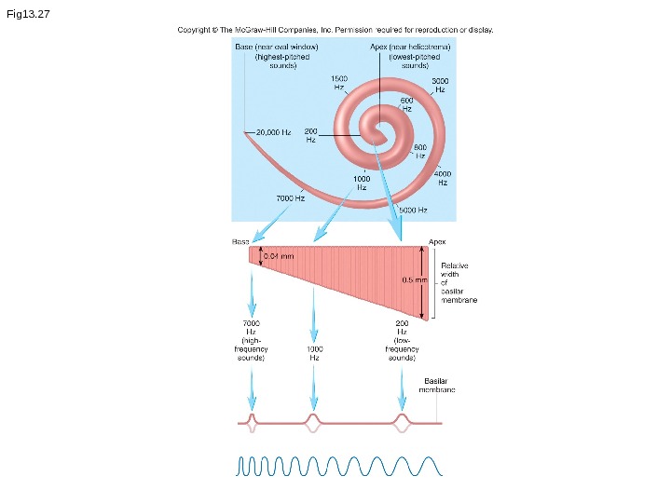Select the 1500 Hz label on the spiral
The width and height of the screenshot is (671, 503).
[x=340, y=82]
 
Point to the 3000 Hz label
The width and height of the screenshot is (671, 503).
[x=440, y=86]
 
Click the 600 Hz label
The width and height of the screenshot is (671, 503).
[x=407, y=104]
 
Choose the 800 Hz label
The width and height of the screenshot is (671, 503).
[x=419, y=151]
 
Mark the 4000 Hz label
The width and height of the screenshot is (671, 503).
[x=443, y=177]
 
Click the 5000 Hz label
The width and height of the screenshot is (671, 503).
[x=413, y=211]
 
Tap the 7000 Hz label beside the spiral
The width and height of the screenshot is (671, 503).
[x=291, y=198]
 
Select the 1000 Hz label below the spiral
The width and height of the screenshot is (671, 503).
[x=362, y=182]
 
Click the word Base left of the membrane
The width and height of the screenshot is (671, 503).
[x=240, y=241]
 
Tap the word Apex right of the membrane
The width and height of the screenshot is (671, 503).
[x=438, y=241]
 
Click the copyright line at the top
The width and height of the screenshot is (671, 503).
[x=335, y=30]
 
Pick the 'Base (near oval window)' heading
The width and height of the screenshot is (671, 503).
[x=277, y=46]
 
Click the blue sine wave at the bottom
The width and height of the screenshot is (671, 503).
[x=335, y=466]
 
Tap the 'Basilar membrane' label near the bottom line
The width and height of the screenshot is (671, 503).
[x=439, y=385]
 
